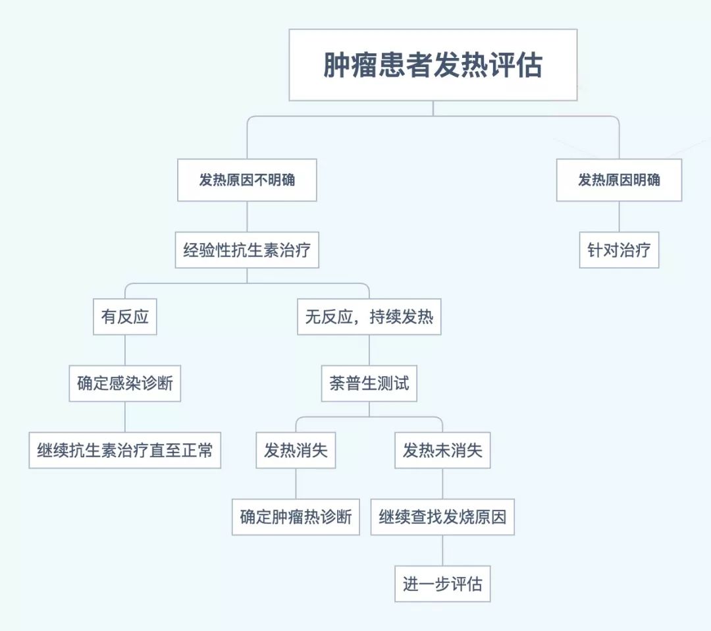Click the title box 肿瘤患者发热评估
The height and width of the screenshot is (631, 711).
click(x=433, y=65)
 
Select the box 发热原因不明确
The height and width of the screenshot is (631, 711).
click(x=247, y=180)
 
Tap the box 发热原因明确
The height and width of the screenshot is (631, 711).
click(x=619, y=180)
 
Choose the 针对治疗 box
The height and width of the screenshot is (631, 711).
click(x=619, y=250)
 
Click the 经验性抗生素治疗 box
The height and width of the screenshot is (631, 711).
click(x=247, y=250)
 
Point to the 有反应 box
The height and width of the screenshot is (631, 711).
click(x=125, y=317)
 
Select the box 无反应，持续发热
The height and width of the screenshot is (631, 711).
click(x=369, y=317)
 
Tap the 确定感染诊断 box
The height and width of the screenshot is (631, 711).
click(x=125, y=384)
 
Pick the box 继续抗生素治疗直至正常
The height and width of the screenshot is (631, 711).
click(x=125, y=451)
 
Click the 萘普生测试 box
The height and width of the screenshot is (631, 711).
click(x=369, y=384)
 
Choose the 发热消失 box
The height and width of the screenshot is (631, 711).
click(x=296, y=451)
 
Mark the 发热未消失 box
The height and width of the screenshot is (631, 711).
click(x=442, y=451)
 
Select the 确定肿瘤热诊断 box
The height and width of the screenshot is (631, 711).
click(x=296, y=517)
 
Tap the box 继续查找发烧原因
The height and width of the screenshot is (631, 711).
click(x=442, y=517)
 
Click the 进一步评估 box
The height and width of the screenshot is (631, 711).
click(x=442, y=584)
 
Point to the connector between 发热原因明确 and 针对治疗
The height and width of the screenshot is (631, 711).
click(x=619, y=216)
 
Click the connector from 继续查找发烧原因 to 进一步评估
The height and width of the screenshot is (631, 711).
click(x=442, y=550)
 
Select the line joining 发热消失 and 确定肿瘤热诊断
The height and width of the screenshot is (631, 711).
click(x=296, y=483)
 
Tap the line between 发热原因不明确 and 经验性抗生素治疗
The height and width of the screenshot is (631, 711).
click(x=247, y=216)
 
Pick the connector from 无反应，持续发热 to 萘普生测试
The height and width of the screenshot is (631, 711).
click(x=369, y=350)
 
